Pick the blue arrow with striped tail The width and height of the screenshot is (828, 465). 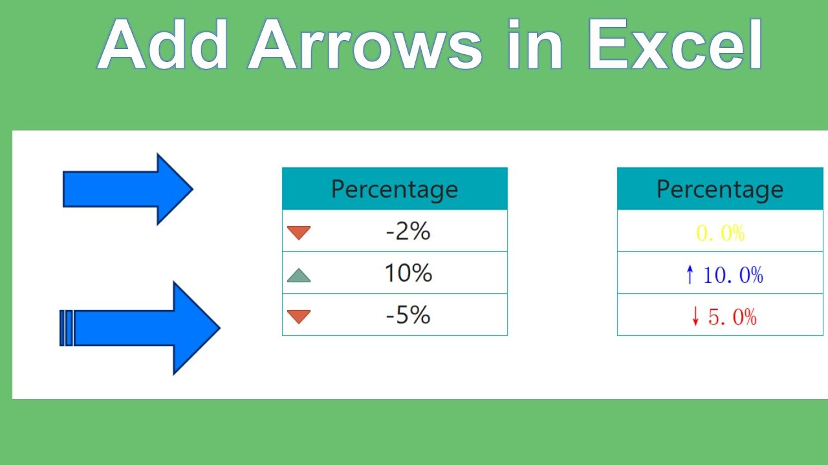142,328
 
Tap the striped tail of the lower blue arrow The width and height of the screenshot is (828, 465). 67,328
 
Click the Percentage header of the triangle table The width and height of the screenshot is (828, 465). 395,189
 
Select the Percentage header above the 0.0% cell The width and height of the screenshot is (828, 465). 720,189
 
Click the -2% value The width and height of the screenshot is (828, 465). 408,231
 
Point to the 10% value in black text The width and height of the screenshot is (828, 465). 408,273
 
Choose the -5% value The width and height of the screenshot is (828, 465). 408,315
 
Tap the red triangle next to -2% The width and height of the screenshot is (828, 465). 299,232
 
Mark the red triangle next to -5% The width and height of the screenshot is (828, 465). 299,316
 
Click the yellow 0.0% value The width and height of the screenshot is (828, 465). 720,233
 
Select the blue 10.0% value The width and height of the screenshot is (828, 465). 732,275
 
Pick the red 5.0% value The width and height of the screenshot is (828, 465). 732,316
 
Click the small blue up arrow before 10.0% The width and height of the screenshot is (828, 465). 690,275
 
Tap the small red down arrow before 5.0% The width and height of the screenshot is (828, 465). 695,316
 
